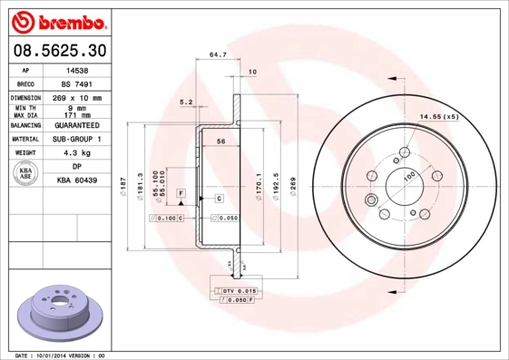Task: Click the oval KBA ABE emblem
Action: pos(26,174)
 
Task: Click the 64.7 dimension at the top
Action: pos(218,56)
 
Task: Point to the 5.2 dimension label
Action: pos(186,102)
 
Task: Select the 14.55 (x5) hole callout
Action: pos(439,117)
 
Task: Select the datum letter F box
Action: pos(182,194)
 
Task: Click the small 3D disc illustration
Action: pos(55,312)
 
